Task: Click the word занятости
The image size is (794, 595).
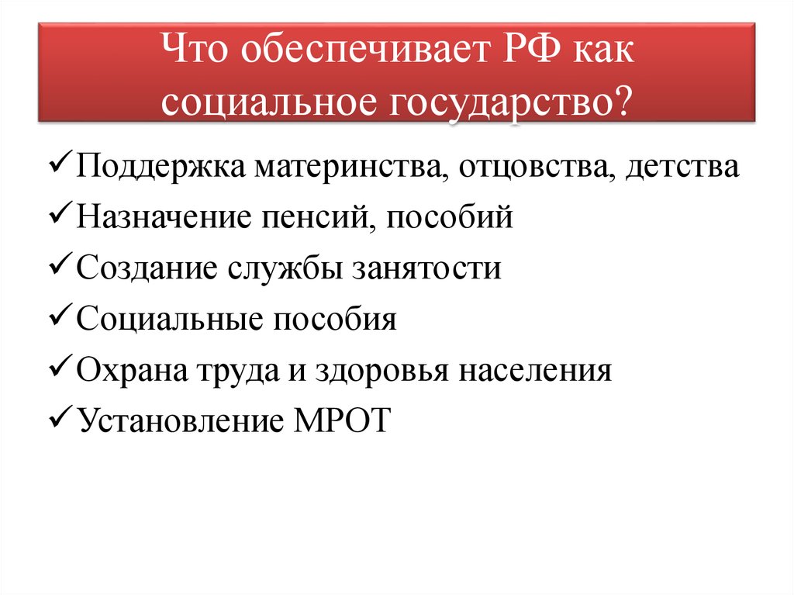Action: tap(427, 268)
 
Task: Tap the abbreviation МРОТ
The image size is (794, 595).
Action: tap(338, 420)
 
